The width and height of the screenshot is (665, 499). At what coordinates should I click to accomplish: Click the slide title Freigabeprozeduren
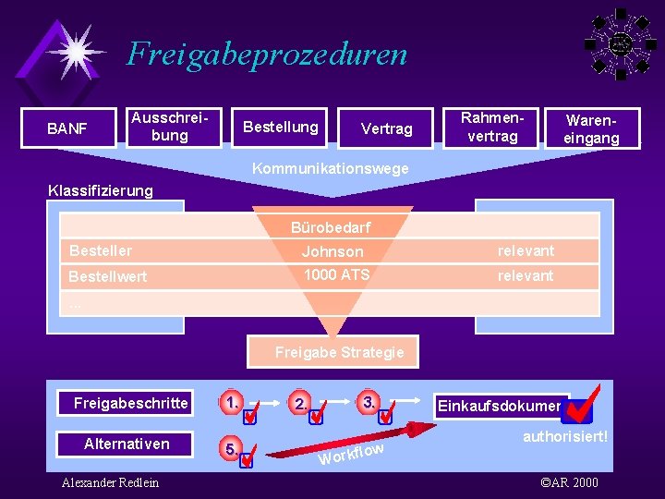click(x=267, y=54)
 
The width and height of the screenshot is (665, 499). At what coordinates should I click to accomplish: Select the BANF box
click(x=67, y=128)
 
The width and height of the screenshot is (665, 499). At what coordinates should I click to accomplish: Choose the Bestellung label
click(x=280, y=127)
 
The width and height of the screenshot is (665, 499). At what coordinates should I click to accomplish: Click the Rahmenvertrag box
click(x=491, y=127)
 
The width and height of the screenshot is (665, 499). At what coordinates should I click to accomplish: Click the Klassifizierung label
click(x=101, y=191)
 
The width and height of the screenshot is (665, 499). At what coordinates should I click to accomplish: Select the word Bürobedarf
click(x=331, y=227)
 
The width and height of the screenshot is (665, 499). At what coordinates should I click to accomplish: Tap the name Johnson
click(x=332, y=251)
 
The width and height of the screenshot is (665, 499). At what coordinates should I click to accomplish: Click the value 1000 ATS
click(x=336, y=274)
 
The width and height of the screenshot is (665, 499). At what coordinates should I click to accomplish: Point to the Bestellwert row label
click(x=107, y=276)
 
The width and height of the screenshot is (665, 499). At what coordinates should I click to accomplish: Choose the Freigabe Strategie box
click(x=340, y=352)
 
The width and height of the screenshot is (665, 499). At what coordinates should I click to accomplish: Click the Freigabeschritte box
click(x=130, y=403)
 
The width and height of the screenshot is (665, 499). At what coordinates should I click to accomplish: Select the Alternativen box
click(x=127, y=444)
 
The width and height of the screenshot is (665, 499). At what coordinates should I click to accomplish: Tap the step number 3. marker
click(x=369, y=402)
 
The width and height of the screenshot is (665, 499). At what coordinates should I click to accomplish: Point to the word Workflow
click(x=351, y=453)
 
